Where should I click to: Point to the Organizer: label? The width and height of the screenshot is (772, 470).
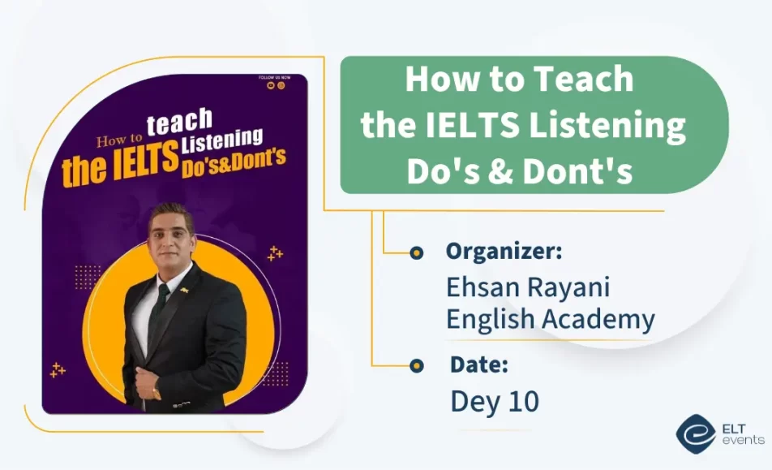504,251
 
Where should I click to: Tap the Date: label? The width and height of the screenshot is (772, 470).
479,365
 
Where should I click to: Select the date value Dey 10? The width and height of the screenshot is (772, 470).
495,401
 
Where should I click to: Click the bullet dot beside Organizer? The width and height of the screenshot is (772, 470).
417,253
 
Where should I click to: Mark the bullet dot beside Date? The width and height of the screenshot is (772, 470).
417,366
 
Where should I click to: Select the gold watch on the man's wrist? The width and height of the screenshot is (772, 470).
157,394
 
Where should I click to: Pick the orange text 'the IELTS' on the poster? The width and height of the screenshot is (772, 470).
120,166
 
